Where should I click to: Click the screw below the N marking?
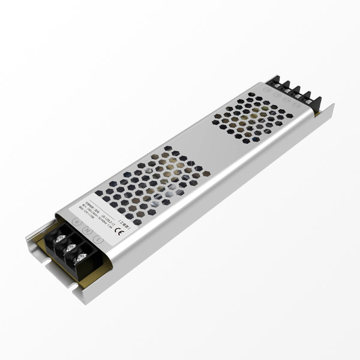71,247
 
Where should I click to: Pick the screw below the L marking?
83,257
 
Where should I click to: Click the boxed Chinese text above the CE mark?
124,221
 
